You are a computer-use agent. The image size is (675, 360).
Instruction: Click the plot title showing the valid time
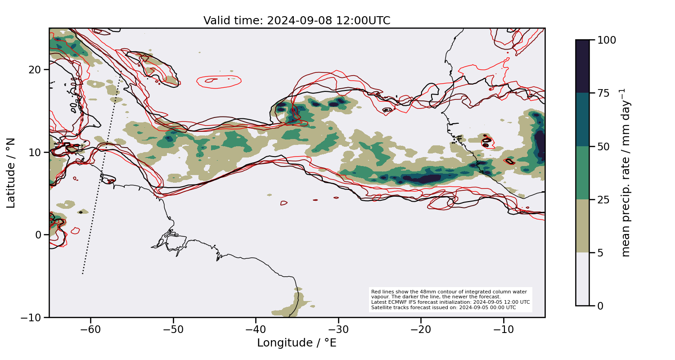coord(297,21)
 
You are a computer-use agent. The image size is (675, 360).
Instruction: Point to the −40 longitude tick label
coord(255,330)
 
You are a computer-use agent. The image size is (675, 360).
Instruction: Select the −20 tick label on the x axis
coord(420,330)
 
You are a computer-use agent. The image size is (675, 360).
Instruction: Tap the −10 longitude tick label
coord(503,330)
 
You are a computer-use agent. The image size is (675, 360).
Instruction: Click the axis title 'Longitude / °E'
coord(297,343)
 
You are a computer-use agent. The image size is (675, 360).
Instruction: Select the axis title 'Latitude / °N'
coord(11,173)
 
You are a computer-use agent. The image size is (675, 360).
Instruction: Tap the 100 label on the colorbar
coord(606,40)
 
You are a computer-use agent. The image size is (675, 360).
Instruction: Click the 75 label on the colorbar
coord(603,93)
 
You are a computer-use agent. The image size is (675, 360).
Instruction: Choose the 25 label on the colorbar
coord(603,199)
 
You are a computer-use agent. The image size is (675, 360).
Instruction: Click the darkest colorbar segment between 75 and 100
coord(582,67)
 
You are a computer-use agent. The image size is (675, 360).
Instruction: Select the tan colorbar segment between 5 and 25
coord(582,226)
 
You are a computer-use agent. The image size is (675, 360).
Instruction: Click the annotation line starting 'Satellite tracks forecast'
coord(443,308)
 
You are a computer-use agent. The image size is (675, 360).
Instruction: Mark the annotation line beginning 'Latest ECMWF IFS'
coord(450,302)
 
